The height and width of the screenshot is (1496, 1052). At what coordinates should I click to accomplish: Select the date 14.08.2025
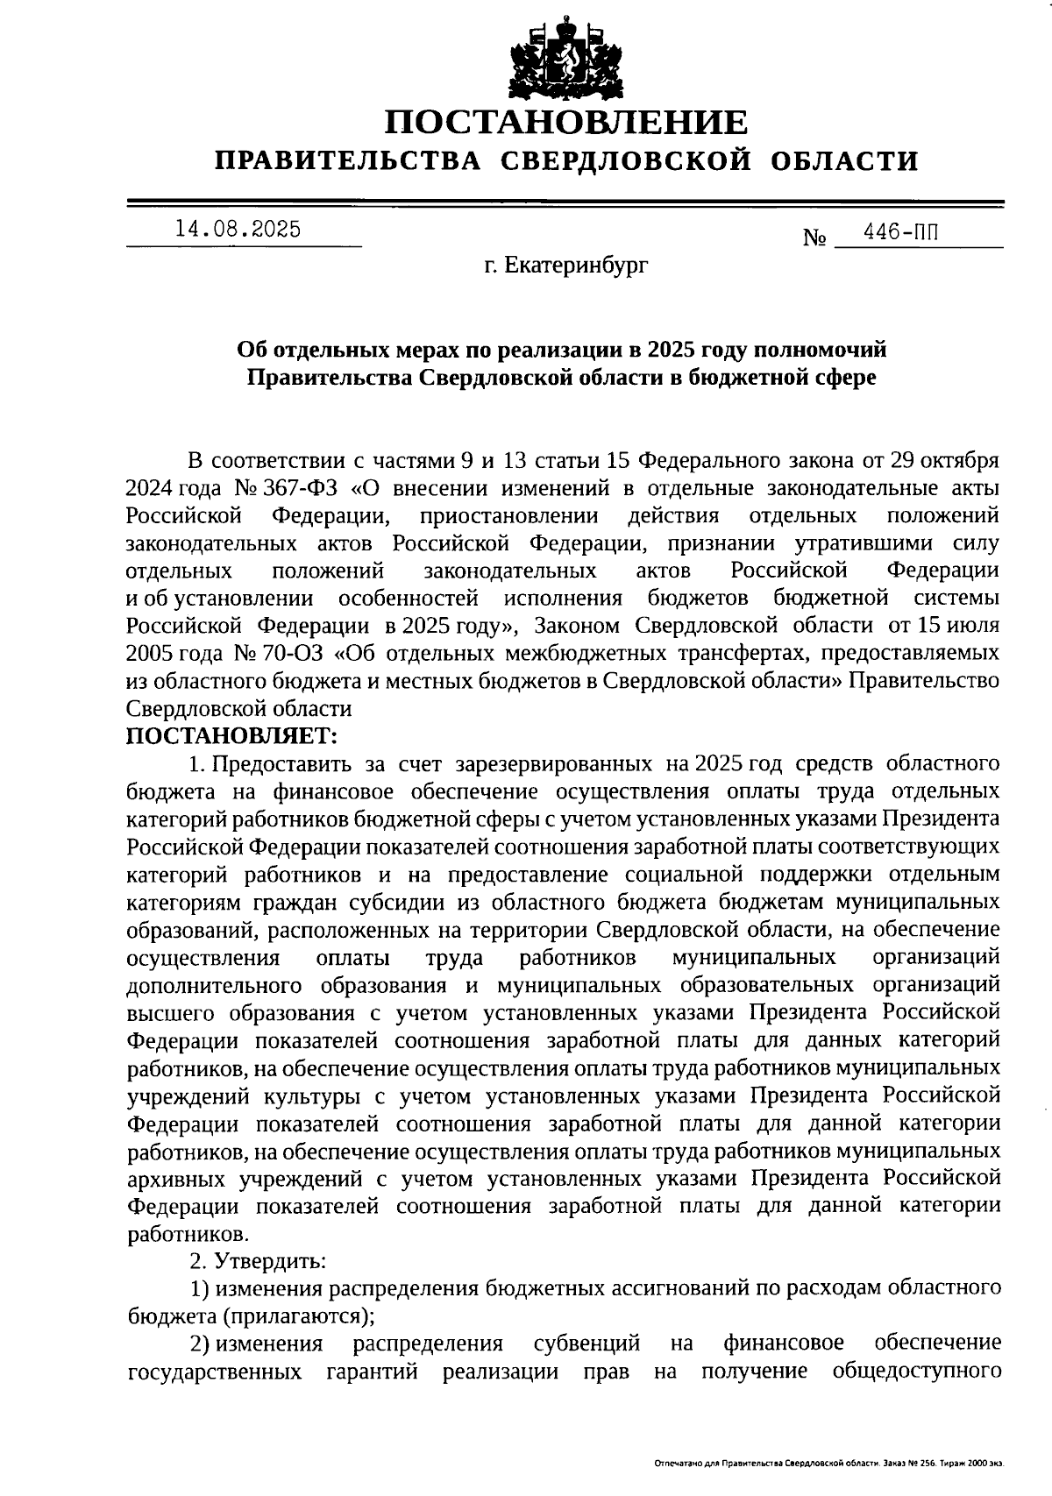click(238, 230)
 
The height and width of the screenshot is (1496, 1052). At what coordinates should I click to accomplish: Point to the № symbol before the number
click(814, 238)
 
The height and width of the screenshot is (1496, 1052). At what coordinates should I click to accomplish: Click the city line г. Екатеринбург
click(566, 265)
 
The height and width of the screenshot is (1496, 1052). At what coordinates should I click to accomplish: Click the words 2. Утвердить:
click(259, 1262)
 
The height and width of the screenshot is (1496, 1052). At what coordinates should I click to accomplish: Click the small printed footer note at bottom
click(828, 1464)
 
